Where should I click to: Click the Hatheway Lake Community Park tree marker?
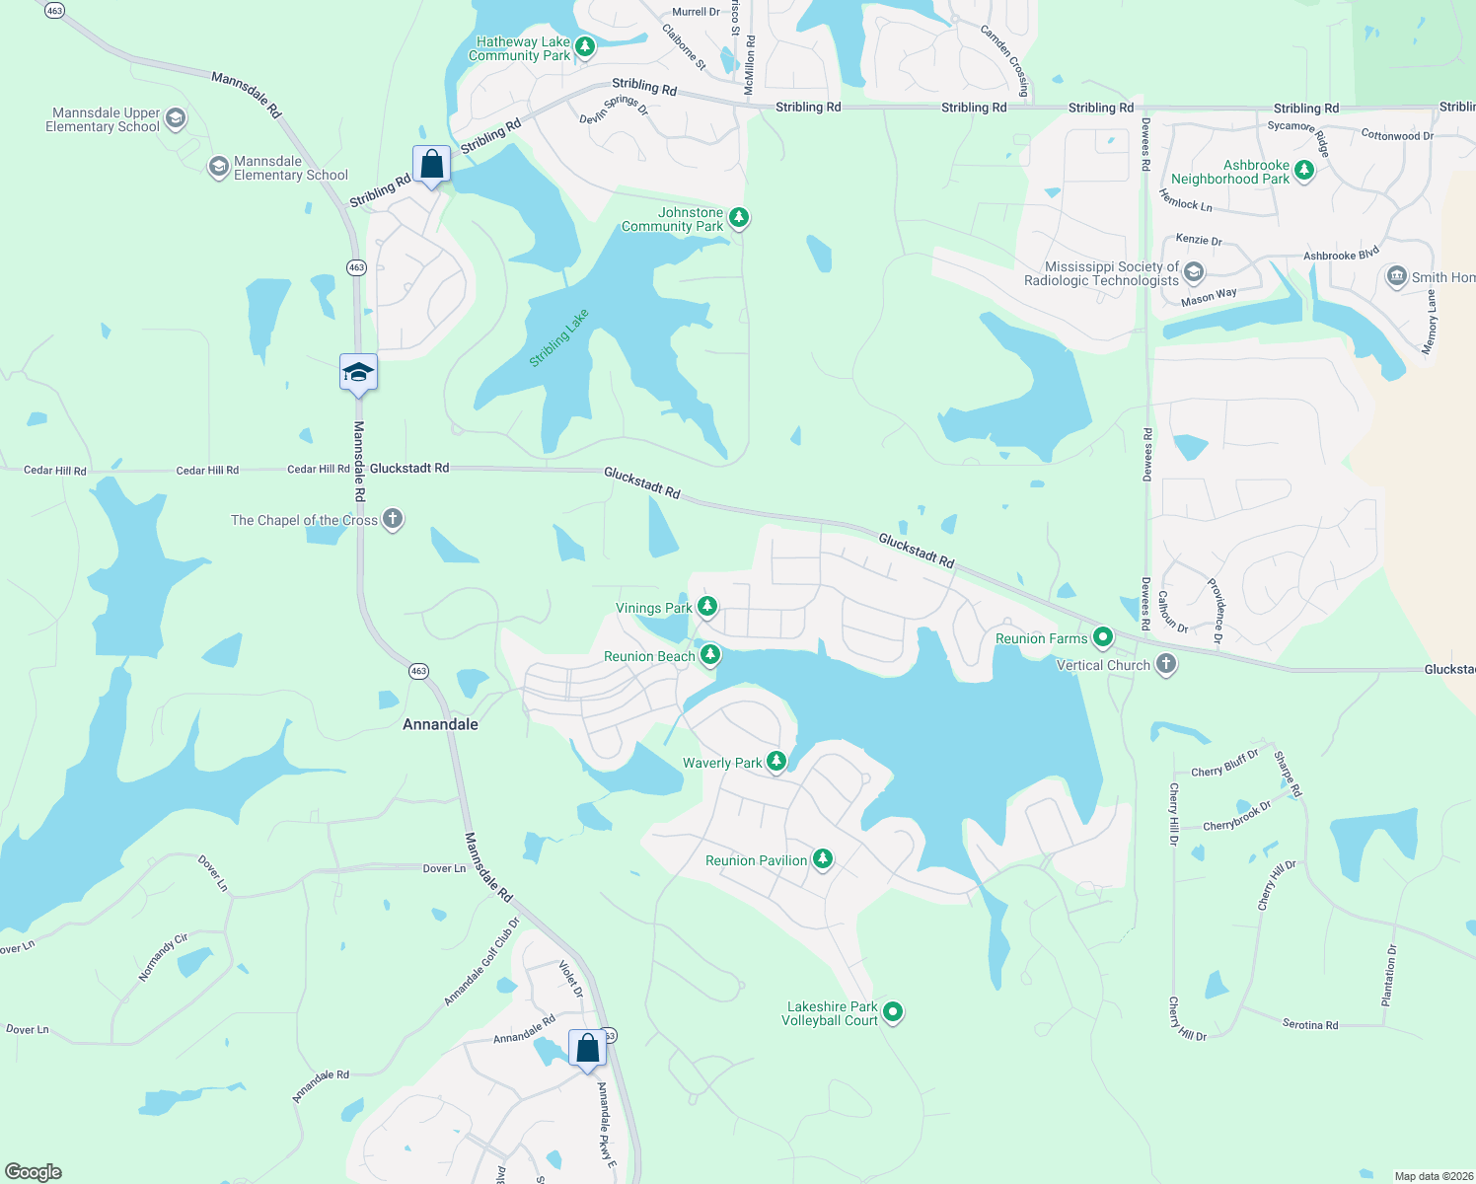tap(585, 46)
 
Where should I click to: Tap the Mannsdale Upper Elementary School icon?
tap(176, 119)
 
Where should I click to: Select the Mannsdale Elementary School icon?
tap(218, 167)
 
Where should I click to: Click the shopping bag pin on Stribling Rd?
tap(431, 164)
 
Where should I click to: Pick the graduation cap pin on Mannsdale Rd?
tap(358, 373)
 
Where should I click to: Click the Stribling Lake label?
tap(558, 337)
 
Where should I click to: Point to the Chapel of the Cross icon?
tap(393, 519)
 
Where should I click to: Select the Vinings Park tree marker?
tap(707, 606)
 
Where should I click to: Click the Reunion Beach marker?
tap(709, 654)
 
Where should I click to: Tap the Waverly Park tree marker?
tap(776, 761)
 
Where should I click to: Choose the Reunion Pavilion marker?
tap(822, 859)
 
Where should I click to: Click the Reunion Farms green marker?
tap(1103, 637)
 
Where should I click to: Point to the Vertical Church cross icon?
tap(1166, 664)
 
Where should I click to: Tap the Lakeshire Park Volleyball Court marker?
tap(893, 1011)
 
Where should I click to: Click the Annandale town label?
tap(440, 724)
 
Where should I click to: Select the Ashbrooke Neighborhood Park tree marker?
tap(1304, 171)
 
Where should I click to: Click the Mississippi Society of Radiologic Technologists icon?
tap(1194, 272)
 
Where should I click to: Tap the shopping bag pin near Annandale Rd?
tap(587, 1049)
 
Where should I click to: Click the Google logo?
tap(34, 1172)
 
